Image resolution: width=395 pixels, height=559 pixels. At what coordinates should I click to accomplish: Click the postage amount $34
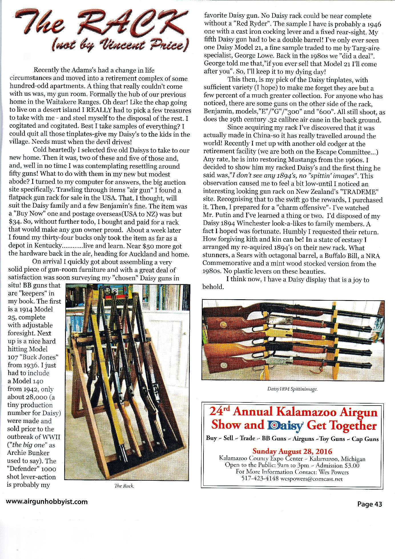click(x=13, y=222)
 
